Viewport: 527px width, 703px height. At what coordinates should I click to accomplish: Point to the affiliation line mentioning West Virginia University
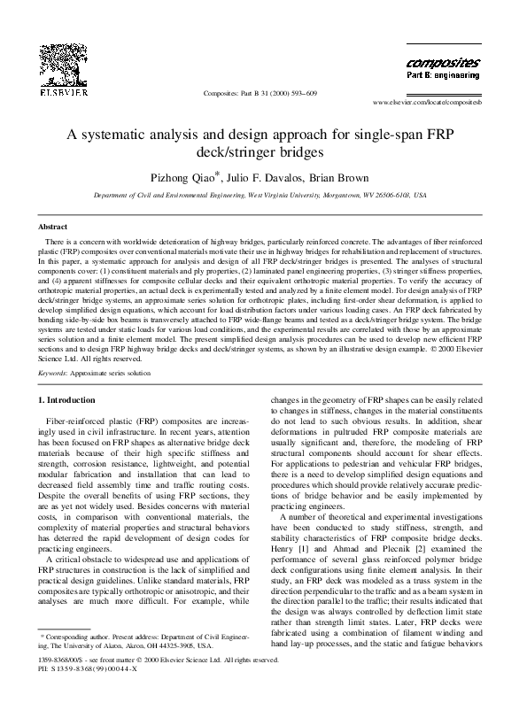click(x=260, y=197)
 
